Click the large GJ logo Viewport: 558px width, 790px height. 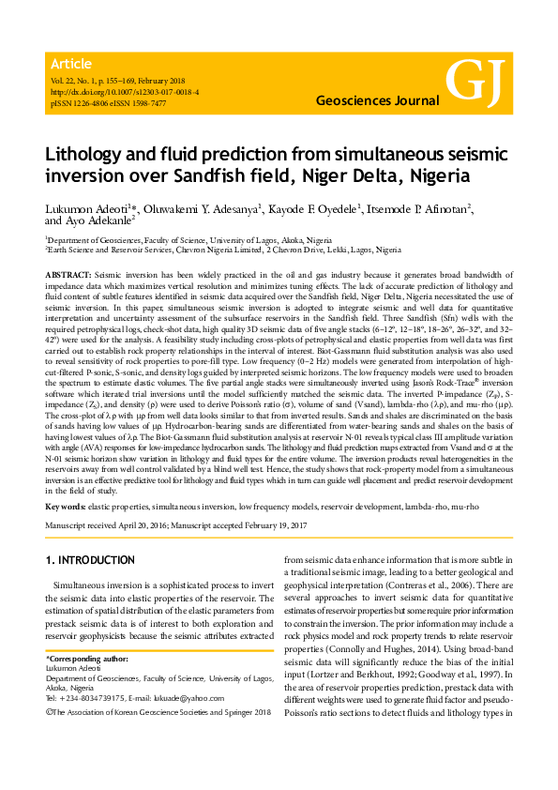coord(475,83)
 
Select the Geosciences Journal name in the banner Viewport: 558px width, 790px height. coord(372,99)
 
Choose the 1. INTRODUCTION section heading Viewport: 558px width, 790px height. coord(90,560)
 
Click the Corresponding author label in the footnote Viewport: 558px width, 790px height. coord(85,661)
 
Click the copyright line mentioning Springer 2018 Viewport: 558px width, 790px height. coord(158,713)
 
